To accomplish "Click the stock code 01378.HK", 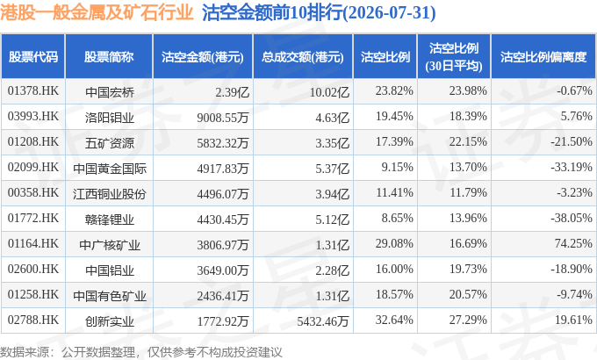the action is tap(33, 91).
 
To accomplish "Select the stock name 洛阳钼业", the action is tap(110, 118).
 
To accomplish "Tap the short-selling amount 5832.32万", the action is tap(223, 143).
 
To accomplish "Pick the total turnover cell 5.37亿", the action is tap(332, 169).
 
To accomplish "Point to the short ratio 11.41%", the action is tap(394, 193).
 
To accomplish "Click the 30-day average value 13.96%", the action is tap(468, 219).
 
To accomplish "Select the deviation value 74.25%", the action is tap(573, 243).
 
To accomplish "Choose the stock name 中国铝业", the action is tap(110, 270).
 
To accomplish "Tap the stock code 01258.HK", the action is tap(33, 294).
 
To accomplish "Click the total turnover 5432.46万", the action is tap(323, 321).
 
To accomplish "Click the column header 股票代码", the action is tap(33, 57).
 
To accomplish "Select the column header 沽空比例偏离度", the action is tap(543, 57).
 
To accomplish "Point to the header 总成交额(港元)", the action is tap(303, 57).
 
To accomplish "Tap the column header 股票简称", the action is tap(109, 57).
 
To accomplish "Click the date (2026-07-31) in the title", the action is tap(390, 13).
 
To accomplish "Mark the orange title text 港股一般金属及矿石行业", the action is tap(97, 12).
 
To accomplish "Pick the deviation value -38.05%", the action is tap(572, 219).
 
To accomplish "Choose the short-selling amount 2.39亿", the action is tap(233, 92).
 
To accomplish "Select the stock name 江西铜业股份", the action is tap(110, 194).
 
